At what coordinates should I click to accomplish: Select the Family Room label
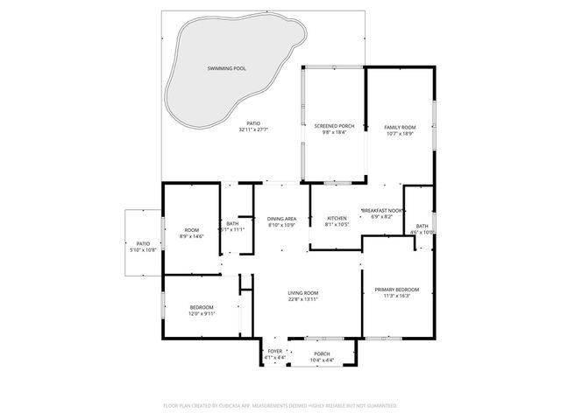coord(400,127)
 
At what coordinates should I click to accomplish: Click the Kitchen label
coord(337,218)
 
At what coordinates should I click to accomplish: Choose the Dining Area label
coord(282,218)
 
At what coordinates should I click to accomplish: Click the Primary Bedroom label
coord(397,290)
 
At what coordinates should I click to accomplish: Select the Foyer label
coord(275,351)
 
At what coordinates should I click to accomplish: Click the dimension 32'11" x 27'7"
coord(253,129)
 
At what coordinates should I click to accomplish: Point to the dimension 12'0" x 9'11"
coord(202,313)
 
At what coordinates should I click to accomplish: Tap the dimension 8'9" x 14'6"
coord(191,236)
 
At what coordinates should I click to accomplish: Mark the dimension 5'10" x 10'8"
coord(143,250)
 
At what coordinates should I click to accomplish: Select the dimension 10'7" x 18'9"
coord(400,134)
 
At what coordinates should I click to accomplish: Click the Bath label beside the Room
coord(232,223)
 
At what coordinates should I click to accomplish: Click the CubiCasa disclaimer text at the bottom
coord(280,405)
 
